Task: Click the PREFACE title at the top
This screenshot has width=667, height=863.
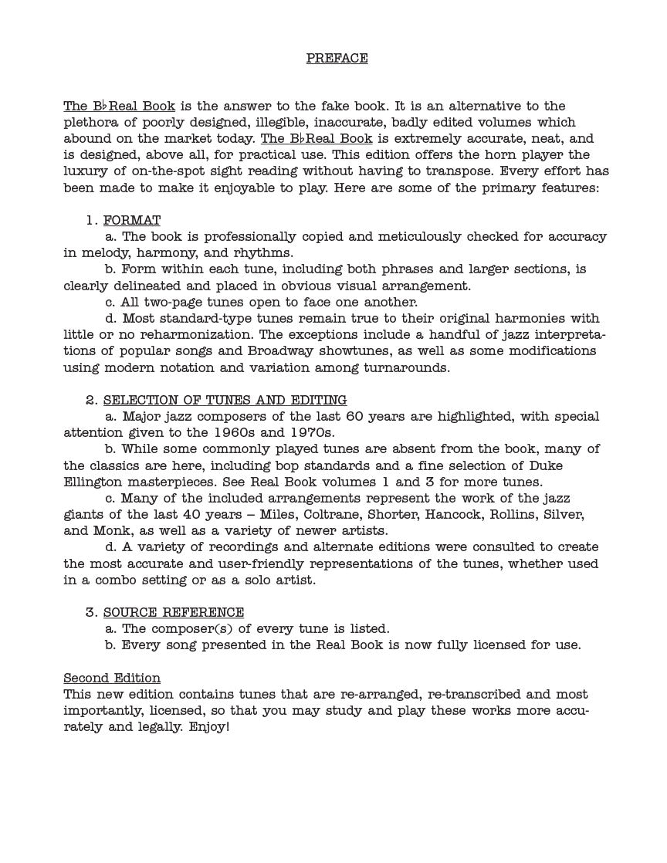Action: pos(337,58)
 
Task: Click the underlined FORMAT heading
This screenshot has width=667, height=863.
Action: pos(132,220)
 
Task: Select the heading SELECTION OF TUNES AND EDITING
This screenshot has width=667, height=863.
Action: pos(225,400)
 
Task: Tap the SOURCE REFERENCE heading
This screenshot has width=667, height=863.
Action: pos(174,612)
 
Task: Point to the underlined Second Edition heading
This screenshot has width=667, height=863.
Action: pos(112,678)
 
